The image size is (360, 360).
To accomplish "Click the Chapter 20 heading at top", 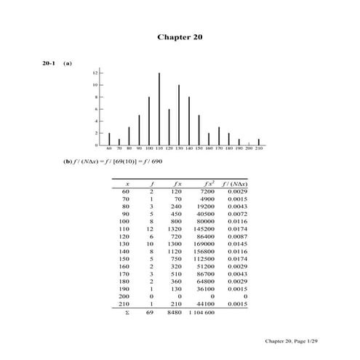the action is click(180, 37).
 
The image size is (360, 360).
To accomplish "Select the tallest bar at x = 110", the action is click(159, 109).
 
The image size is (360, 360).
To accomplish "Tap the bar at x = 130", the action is click(179, 115).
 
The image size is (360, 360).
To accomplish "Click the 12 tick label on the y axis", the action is click(95, 73).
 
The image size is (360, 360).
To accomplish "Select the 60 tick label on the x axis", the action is click(109, 150).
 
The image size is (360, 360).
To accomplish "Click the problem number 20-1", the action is click(48, 63).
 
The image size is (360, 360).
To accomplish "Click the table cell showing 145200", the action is click(203, 231).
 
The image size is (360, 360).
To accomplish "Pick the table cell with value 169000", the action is click(203, 244).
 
